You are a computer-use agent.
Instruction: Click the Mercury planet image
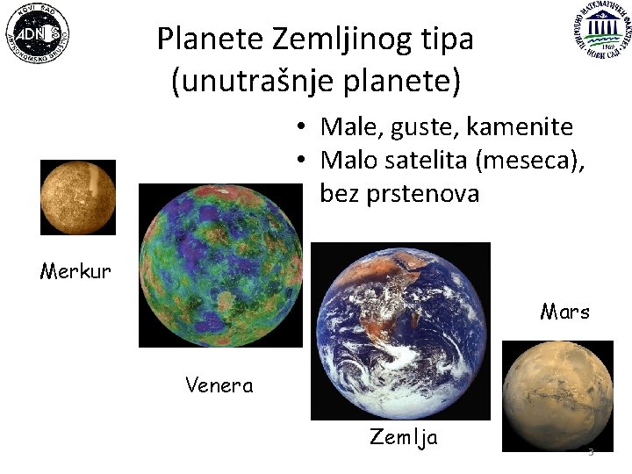78,197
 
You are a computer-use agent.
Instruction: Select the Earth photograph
400,331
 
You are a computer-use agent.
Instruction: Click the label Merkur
75,270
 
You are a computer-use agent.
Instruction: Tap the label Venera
219,384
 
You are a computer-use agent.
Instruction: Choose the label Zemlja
404,437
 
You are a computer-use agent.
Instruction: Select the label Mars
565,312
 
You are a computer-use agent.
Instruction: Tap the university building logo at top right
603,32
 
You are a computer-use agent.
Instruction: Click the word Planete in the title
211,39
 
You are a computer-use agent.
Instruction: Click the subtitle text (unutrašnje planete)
315,81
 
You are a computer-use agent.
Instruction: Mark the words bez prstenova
399,193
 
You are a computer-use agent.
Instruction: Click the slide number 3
591,452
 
